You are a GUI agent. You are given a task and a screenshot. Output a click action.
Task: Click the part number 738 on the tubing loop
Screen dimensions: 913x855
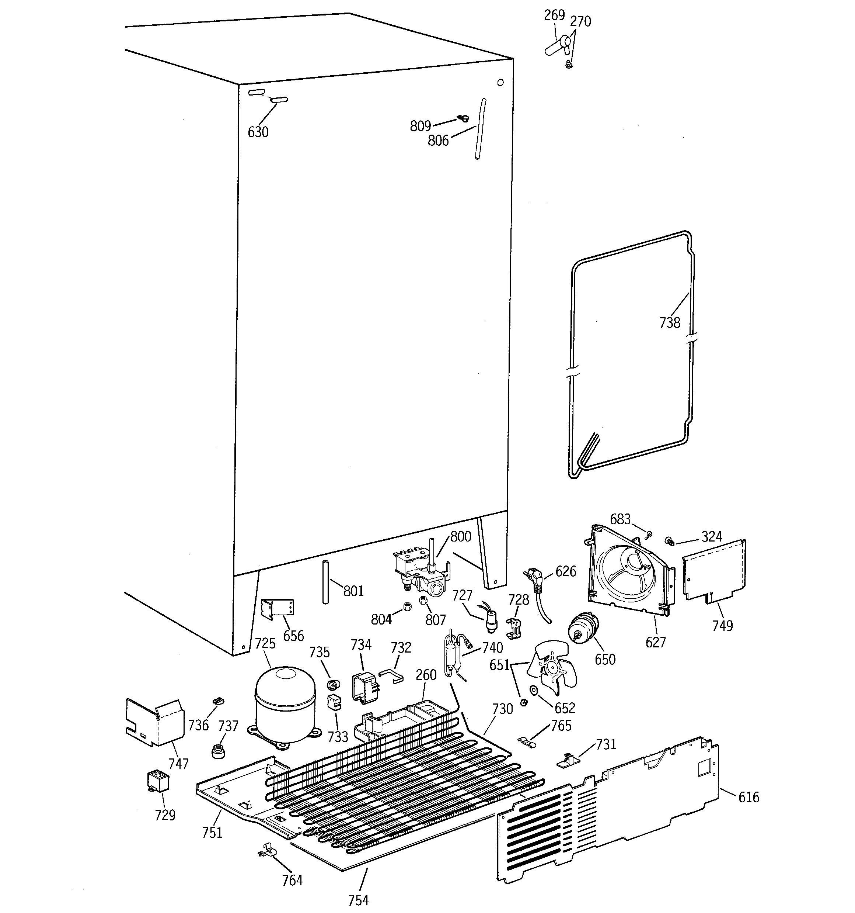point(670,323)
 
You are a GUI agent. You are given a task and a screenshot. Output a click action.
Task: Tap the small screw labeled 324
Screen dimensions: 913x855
point(670,542)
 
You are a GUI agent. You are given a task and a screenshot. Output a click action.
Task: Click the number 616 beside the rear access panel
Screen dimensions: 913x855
point(748,797)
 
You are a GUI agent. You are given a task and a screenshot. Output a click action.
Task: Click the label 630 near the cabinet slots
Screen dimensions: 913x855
point(258,132)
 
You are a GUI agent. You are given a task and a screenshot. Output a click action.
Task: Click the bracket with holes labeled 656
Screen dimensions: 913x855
point(277,609)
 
